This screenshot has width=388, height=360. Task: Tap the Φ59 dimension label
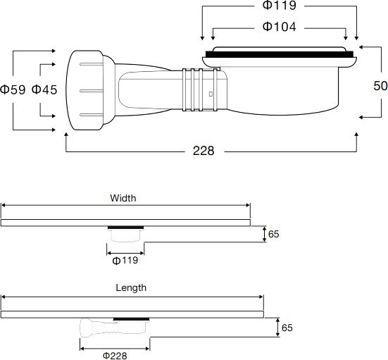click(x=13, y=89)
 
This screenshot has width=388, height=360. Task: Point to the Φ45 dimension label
click(x=44, y=89)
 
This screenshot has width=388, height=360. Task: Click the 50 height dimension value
click(x=379, y=85)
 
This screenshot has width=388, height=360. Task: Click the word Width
click(x=123, y=198)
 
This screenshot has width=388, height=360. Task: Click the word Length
click(x=131, y=287)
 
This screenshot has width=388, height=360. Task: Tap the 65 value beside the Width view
click(x=274, y=234)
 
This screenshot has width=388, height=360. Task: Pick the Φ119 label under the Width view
click(x=125, y=260)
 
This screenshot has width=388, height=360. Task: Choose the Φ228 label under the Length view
click(x=115, y=355)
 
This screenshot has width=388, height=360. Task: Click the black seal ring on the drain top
click(x=280, y=54)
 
